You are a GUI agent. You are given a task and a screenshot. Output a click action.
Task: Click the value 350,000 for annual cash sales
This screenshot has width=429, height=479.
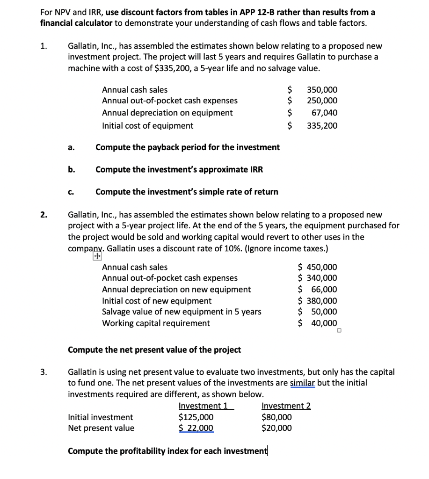click(x=322, y=89)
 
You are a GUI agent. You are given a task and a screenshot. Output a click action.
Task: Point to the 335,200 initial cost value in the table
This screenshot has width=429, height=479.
click(x=322, y=125)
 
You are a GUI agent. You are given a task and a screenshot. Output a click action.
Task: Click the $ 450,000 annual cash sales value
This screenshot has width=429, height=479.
click(x=318, y=267)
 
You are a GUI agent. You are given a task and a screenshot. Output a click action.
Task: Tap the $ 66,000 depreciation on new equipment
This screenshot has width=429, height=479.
click(x=318, y=290)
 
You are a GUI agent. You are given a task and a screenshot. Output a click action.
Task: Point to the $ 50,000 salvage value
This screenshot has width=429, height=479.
click(x=318, y=312)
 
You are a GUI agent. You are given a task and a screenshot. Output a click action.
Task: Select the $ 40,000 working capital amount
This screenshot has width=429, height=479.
click(x=318, y=323)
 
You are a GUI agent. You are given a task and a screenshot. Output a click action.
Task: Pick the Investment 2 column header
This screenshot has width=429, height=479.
click(x=286, y=406)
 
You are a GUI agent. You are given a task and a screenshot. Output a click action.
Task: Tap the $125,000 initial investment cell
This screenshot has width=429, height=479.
click(x=196, y=417)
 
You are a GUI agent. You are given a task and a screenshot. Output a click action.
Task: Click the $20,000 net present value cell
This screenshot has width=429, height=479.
click(x=276, y=428)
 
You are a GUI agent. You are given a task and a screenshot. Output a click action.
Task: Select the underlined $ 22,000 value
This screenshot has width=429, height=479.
click(x=196, y=428)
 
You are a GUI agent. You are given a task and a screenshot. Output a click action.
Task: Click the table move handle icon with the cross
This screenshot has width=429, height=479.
click(x=97, y=256)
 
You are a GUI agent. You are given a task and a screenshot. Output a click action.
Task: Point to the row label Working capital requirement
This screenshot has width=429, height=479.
click(x=156, y=323)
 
